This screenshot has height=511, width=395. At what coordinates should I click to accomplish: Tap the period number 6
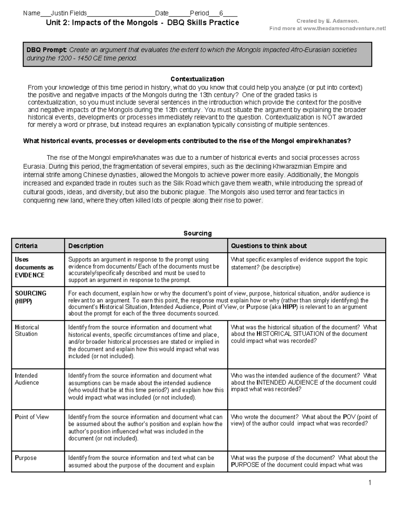coord(221,13)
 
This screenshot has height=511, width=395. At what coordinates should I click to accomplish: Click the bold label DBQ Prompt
coord(46,50)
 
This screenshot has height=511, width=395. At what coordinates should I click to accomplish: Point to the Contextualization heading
coord(197,79)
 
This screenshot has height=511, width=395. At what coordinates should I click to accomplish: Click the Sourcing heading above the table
coord(197,233)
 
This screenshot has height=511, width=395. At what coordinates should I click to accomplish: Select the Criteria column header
coord(26,246)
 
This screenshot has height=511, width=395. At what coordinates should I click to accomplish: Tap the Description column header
coord(86,246)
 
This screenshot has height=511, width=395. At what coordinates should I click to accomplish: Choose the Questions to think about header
coord(269,246)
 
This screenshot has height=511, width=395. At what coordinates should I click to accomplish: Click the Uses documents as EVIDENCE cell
coord(34,267)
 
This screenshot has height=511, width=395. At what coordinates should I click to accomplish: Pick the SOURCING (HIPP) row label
coord(30,297)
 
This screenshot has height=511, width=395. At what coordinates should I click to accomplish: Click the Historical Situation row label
coord(27,330)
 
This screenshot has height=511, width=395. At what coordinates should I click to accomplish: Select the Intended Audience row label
coord(27,379)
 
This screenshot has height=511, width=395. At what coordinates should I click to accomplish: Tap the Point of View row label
coord(32,417)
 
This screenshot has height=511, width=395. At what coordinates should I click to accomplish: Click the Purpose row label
coord(26,458)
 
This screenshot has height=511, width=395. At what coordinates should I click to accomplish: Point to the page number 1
coord(370,483)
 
